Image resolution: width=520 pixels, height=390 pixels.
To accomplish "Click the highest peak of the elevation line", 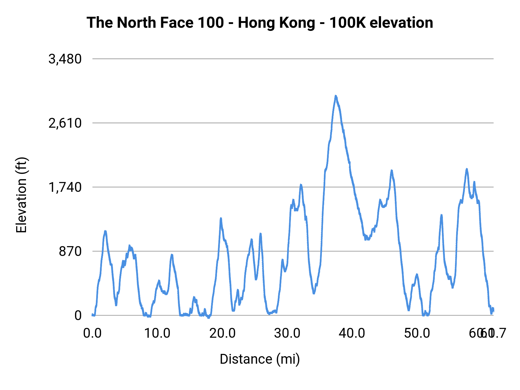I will (x=336, y=96).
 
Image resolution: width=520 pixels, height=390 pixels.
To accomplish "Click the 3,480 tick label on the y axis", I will (x=65, y=59).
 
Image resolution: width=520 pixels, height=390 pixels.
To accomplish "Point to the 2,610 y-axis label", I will (x=65, y=123).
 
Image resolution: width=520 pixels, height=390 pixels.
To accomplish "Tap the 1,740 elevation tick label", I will (x=65, y=187).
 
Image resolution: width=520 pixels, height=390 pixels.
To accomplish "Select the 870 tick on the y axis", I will (x=70, y=252).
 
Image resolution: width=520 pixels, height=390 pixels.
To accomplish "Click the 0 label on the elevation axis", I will (x=78, y=315).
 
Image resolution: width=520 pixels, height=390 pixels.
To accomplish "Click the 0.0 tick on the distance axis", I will (x=92, y=333).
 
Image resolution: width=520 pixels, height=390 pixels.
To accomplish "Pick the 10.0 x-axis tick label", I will (x=157, y=333).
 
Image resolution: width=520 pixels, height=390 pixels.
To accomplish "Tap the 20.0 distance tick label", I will (x=222, y=333).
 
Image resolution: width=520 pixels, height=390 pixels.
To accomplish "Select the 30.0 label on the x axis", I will (x=287, y=333).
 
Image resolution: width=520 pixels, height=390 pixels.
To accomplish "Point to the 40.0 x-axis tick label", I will (x=352, y=333).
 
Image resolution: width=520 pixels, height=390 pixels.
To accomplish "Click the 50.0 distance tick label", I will (x=417, y=333).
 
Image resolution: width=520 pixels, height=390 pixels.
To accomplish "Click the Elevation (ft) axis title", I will (x=21, y=195).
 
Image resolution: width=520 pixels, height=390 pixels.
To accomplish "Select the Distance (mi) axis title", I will (x=260, y=359).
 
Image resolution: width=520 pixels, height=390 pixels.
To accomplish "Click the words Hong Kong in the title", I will (x=276, y=23).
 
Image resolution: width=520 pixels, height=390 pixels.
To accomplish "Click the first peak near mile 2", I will (x=105, y=232).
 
